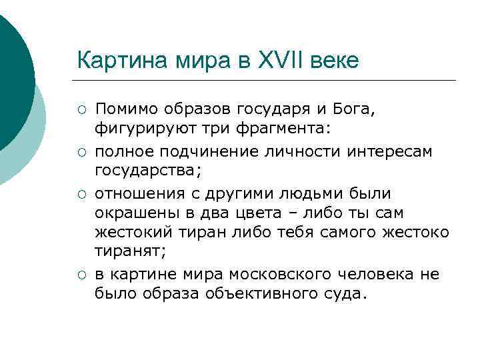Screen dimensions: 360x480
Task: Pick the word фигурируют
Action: pyautogui.click(x=137, y=127)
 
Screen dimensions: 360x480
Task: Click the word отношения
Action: pyautogui.click(x=137, y=193)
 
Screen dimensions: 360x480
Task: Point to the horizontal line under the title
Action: pyautogui.click(x=267, y=81)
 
